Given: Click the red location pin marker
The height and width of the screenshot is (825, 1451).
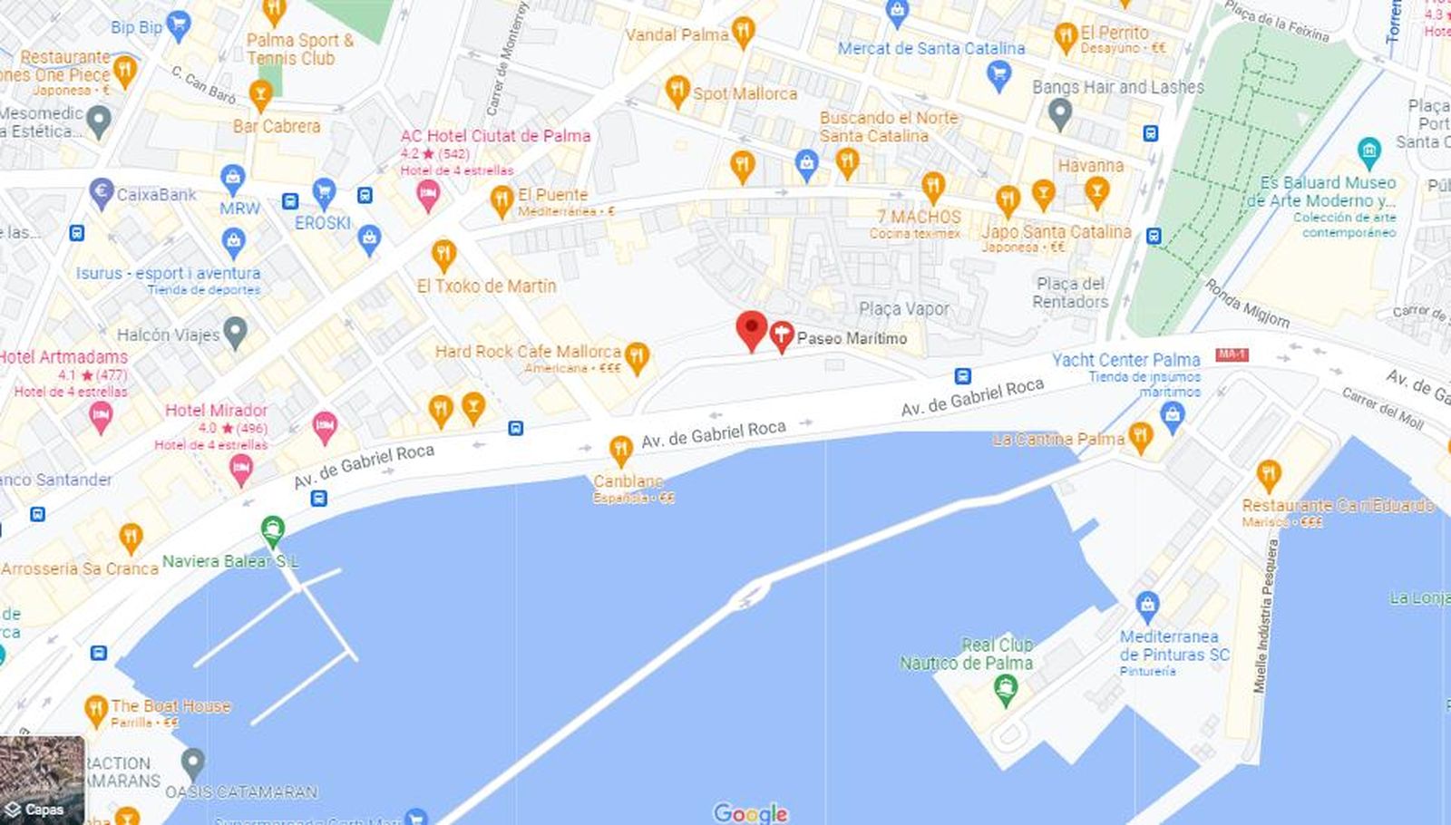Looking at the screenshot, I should [x=751, y=330].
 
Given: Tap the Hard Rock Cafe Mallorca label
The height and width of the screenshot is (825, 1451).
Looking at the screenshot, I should [x=528, y=352].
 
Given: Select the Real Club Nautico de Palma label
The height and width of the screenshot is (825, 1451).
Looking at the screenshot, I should [x=967, y=654].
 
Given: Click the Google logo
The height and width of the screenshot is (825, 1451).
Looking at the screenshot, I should [x=750, y=812].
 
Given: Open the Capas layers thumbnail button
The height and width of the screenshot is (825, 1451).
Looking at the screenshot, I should [x=43, y=780].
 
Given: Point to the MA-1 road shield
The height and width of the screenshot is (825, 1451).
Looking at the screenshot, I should [x=1232, y=354].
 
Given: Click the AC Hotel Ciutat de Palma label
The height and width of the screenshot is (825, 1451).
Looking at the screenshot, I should [x=495, y=136].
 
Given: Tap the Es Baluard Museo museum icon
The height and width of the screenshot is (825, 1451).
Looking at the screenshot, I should [x=1368, y=150].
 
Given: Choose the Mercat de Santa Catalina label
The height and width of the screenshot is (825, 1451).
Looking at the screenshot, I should [x=930, y=48].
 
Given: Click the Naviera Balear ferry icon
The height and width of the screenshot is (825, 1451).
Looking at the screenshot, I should [x=272, y=529].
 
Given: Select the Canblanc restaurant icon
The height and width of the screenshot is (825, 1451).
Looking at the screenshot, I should [x=620, y=449].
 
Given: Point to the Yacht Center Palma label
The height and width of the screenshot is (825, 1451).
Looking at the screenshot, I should [x=1125, y=360].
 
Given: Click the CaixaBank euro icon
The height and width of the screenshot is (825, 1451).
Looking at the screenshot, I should [x=102, y=192].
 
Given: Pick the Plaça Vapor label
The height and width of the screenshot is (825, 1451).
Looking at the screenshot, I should [x=904, y=309].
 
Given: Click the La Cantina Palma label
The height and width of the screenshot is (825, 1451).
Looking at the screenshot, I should [x=1058, y=439].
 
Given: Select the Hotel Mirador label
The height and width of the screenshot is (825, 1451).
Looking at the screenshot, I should [x=216, y=411].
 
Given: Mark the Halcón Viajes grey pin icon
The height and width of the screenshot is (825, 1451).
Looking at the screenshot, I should [x=236, y=333].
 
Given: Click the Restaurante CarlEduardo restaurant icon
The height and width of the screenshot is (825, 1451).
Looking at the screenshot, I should [x=1268, y=475].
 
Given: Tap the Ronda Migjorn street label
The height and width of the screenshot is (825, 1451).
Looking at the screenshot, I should [x=1247, y=303].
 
